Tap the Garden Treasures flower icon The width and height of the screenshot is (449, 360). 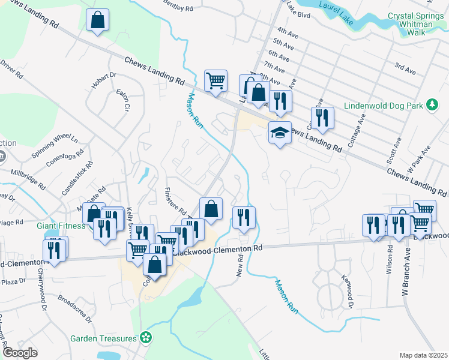[145, 338]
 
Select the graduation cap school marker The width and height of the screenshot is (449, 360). [280, 133]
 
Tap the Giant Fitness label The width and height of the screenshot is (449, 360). [60, 226]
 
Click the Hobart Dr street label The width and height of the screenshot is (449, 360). [103, 80]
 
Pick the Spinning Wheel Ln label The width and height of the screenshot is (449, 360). [55, 146]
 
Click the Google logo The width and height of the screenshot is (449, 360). [20, 353]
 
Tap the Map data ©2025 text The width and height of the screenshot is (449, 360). [423, 355]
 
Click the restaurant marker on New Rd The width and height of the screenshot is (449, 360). [244, 218]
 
